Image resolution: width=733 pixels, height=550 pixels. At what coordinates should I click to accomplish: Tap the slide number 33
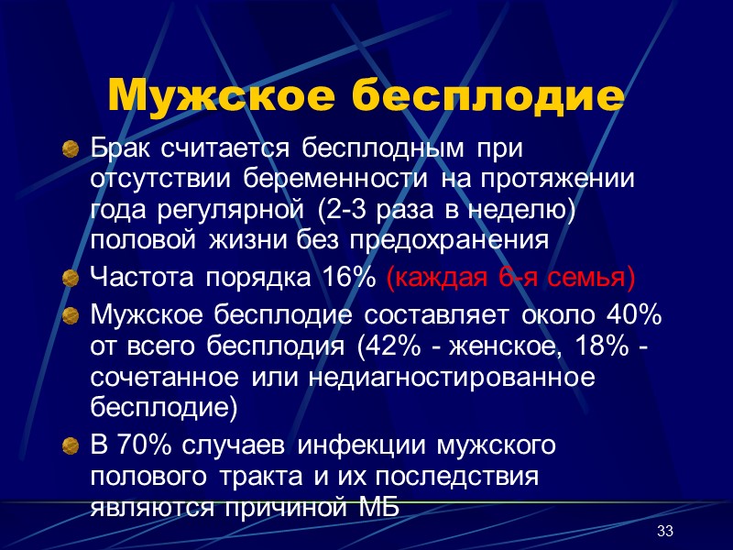(665, 533)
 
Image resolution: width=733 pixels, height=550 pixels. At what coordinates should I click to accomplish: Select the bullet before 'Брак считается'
(70, 148)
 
